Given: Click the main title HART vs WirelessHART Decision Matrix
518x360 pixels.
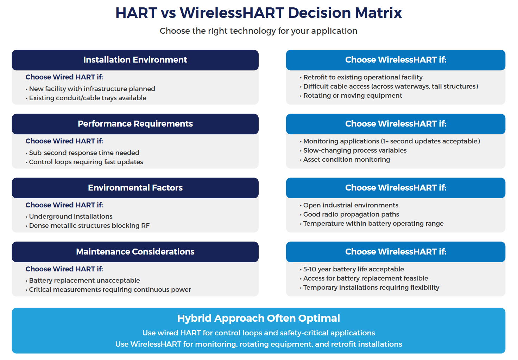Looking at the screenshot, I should pos(259,13).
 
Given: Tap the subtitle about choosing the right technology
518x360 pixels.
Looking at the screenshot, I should pos(259,31).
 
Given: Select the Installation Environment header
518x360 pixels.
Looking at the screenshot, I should pos(135,60).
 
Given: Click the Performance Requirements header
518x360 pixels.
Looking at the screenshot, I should pos(135,124).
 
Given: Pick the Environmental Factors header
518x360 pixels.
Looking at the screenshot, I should pos(135,188).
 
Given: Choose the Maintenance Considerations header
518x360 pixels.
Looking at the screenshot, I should pos(135,252).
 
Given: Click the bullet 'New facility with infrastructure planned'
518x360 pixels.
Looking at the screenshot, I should pos(92,89).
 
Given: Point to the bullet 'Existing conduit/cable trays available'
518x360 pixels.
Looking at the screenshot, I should pos(88,98).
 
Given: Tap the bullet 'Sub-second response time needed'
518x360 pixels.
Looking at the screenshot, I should pos(84,153).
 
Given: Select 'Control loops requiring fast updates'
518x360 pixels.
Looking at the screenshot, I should pos(86,162).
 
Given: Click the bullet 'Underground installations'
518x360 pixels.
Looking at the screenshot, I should pos(71,217).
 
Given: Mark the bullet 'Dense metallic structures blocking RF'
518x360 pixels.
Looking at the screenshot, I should pos(89,226).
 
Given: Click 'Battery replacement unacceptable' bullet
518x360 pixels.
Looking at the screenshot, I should pos(84,281).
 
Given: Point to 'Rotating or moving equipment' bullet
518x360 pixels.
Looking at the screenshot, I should pos(353,96).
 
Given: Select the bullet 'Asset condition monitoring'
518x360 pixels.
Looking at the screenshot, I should pos(347,160).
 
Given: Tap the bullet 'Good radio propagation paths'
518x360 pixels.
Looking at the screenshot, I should pos(351,214).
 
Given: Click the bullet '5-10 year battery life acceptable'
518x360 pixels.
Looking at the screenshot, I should pos(354,269).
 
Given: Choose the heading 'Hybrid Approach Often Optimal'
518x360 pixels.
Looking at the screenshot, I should pos(259,318).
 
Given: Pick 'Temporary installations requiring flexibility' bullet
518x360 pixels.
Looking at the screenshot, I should pos(371,288).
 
